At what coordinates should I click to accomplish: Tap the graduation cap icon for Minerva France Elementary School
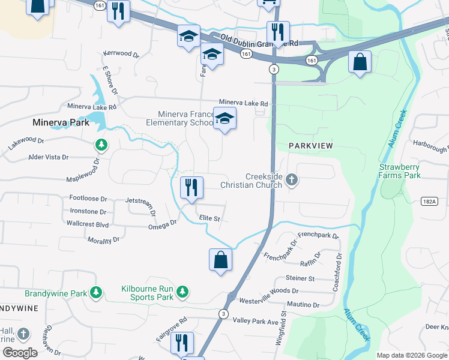coord(224,119)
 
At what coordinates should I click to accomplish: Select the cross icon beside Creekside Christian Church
coord(292,180)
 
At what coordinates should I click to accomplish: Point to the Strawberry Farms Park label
coord(399,171)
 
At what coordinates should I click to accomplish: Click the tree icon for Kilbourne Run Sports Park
coord(182,293)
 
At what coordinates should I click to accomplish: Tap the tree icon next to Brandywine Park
coord(95,293)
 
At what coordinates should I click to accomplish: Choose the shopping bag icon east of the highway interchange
coord(359,62)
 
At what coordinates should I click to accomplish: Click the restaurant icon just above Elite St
coord(190,187)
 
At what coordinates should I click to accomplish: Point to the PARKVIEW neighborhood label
coord(310,146)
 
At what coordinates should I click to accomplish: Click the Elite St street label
coord(209,219)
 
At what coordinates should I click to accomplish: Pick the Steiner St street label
coord(300,278)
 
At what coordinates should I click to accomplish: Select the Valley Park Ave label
coord(256,322)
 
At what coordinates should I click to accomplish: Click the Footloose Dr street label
coord(88,198)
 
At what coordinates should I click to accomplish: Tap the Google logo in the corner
coord(20,352)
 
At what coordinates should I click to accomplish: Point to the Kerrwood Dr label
coord(121,53)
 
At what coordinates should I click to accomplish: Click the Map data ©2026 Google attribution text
coord(411,355)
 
